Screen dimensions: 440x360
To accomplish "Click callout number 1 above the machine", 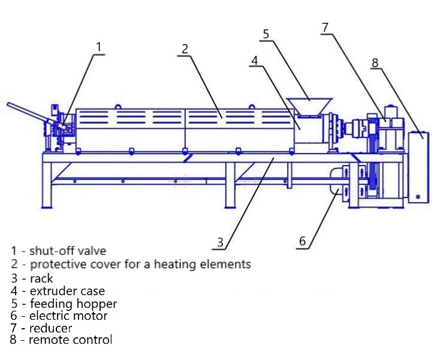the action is click(x=98, y=47).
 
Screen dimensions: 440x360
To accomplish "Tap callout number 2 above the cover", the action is click(x=185, y=49).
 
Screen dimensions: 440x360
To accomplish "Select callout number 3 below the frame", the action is click(x=220, y=242).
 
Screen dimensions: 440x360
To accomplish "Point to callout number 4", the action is click(x=255, y=61).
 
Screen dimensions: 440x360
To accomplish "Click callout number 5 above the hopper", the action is click(x=266, y=34).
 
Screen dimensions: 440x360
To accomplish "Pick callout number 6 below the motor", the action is click(x=302, y=241).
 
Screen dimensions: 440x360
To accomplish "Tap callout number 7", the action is click(x=325, y=28).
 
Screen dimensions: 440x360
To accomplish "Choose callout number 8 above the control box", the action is click(x=375, y=62).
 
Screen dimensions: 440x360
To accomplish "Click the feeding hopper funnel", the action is click(x=309, y=107).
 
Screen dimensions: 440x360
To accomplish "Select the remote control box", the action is click(x=418, y=167).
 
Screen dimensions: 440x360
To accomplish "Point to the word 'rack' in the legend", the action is click(x=41, y=278).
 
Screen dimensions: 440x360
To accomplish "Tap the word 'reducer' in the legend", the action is click(x=51, y=328).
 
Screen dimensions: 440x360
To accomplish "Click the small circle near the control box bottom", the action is click(x=418, y=197).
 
